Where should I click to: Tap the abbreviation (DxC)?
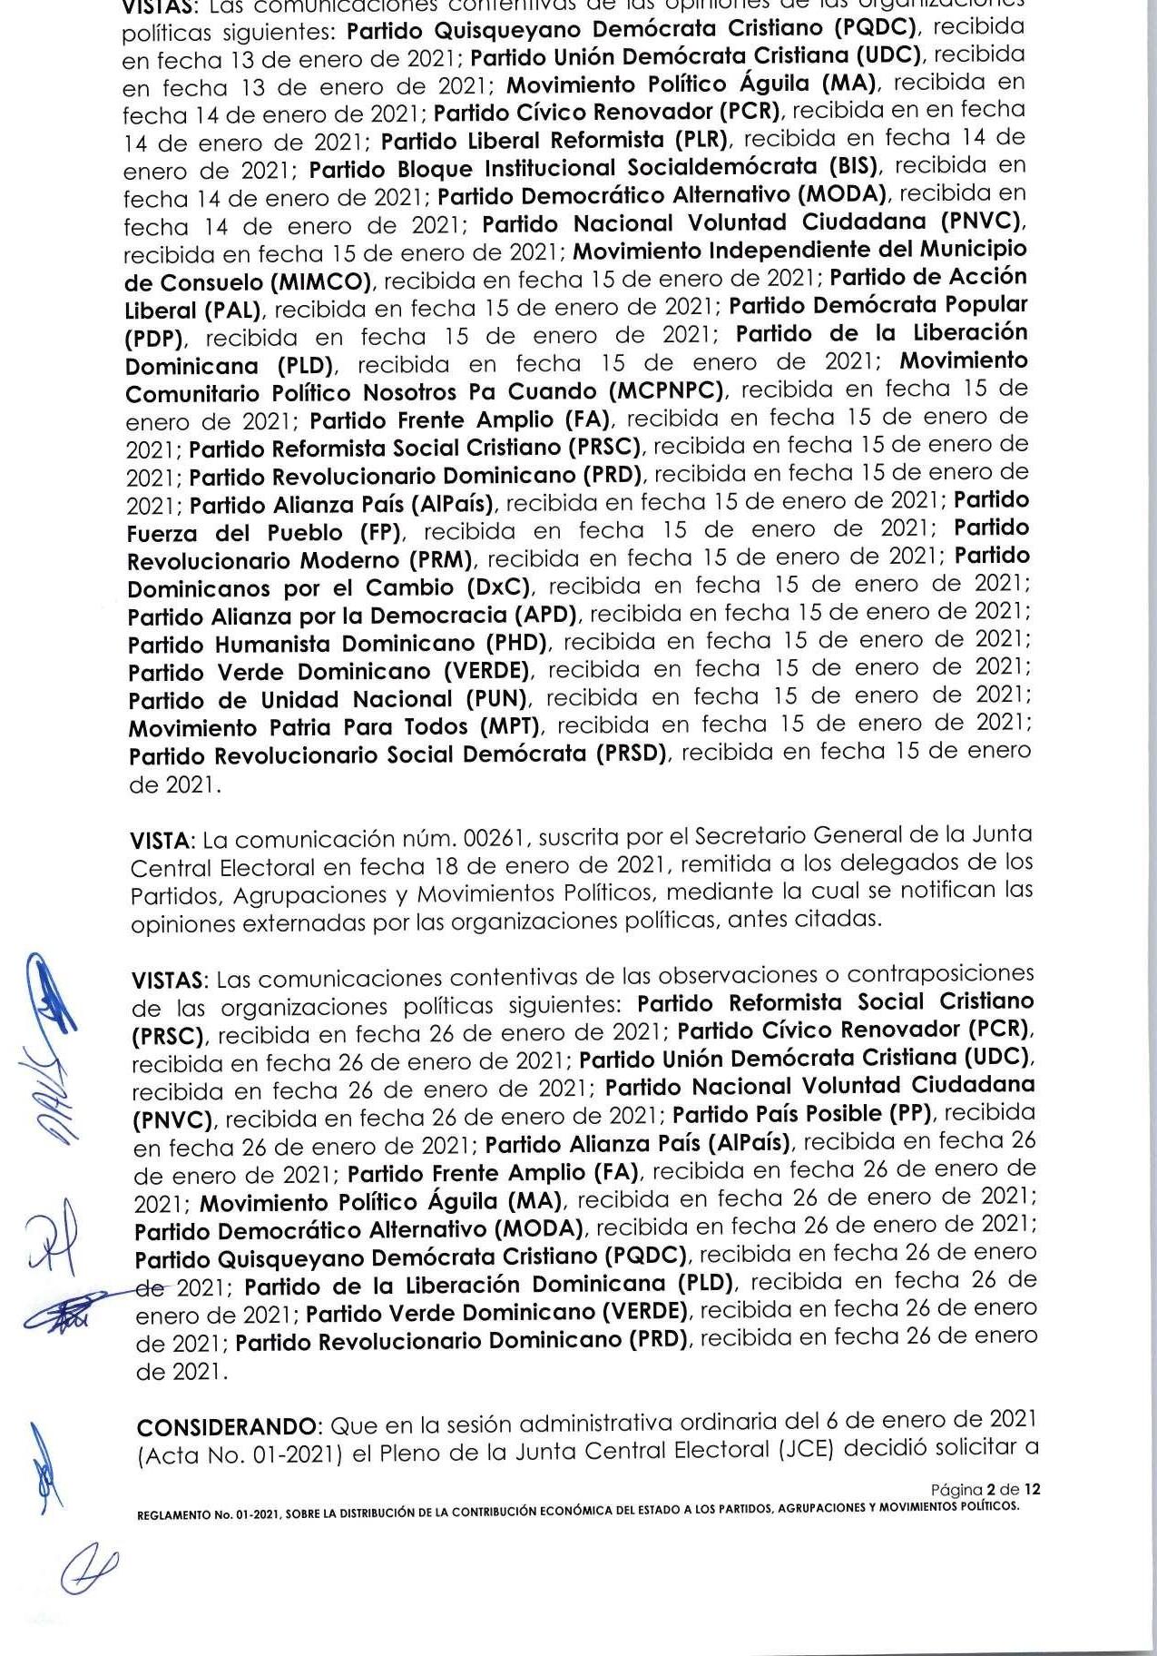499,587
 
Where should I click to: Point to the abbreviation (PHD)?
515,644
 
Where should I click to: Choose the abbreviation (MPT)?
508,727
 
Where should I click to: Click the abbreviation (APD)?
545,616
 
